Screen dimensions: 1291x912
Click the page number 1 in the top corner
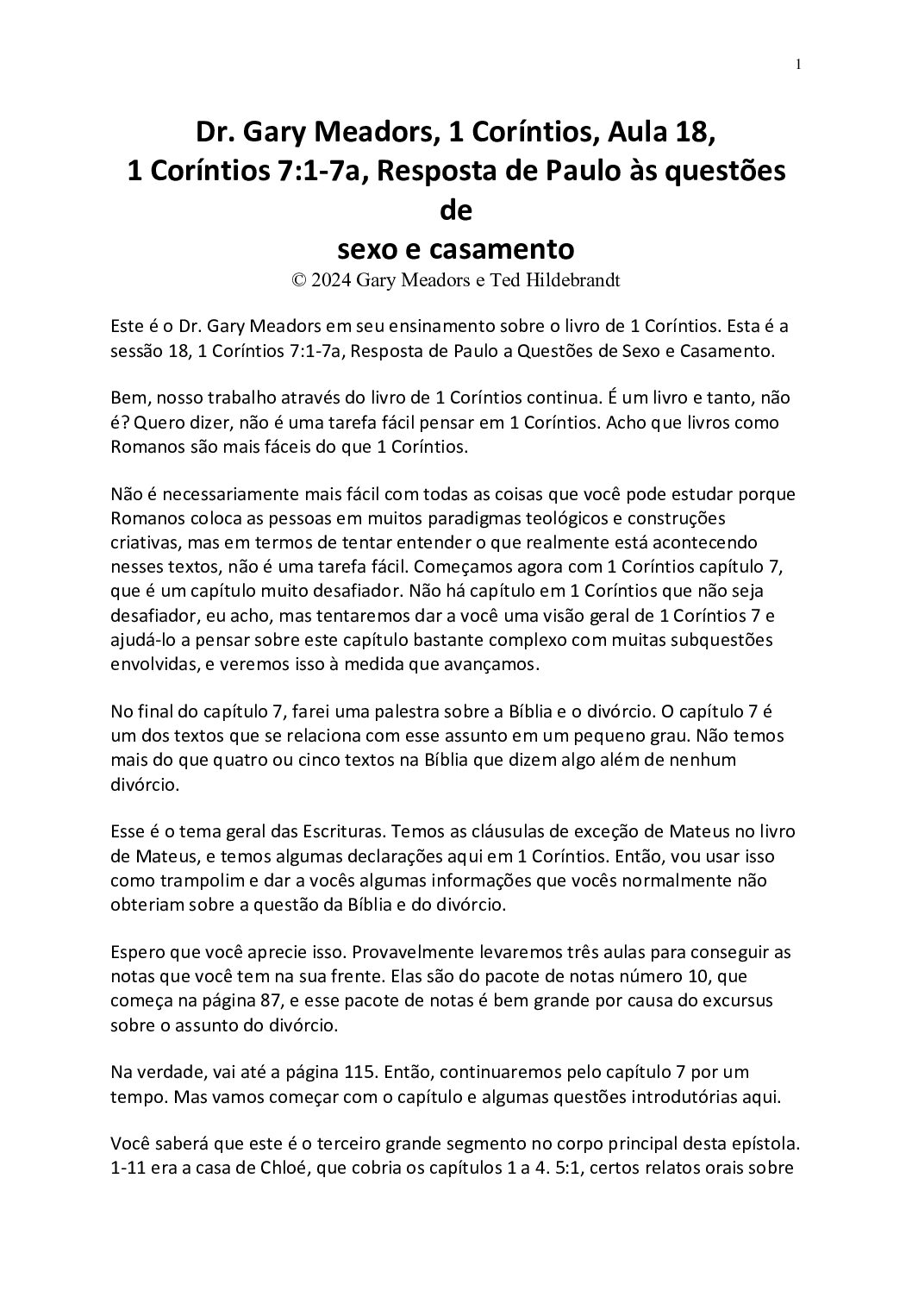[799, 66]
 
